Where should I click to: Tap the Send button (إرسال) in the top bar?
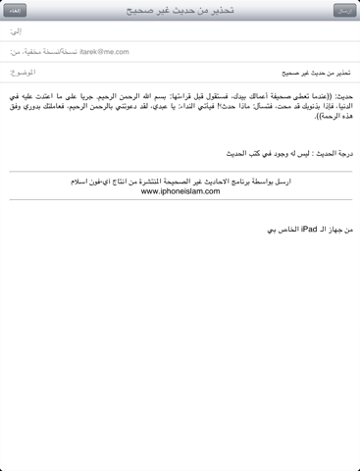tap(343, 10)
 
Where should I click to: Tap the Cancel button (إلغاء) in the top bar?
tap(15, 10)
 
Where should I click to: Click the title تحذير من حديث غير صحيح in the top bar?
tap(180, 10)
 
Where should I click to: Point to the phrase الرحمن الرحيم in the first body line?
tap(171, 97)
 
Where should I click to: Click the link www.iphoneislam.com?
tap(179, 191)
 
